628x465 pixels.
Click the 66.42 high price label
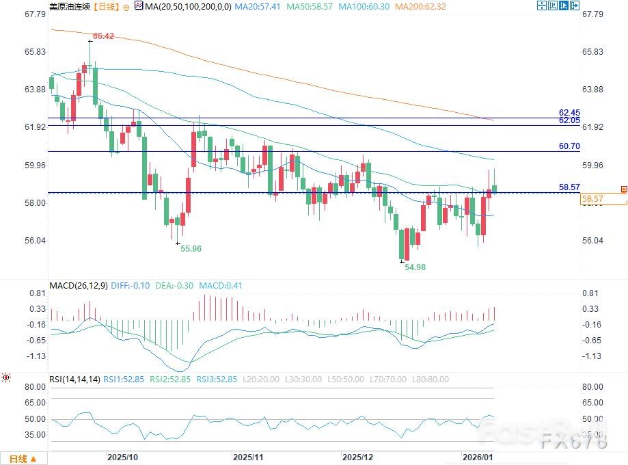tap(103, 36)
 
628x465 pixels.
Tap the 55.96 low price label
tap(191, 249)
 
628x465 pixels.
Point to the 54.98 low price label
tap(415, 267)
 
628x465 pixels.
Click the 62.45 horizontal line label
tap(569, 112)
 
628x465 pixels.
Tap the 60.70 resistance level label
tap(569, 146)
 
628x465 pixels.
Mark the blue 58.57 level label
tap(569, 187)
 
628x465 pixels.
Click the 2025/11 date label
tap(249, 456)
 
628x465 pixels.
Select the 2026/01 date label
tap(477, 456)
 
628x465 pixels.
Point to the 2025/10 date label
tap(123, 456)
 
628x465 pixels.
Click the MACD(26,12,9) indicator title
tap(77, 285)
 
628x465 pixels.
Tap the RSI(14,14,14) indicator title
tap(74, 379)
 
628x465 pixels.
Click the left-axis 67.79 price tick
tap(34, 14)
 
